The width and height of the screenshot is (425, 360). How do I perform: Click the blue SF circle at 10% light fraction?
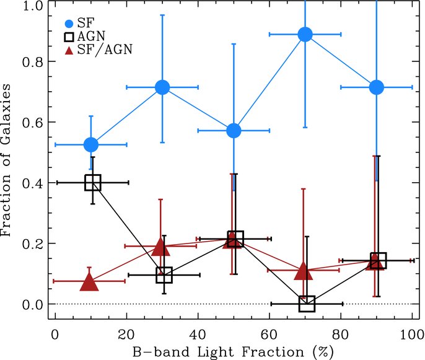tap(91, 144)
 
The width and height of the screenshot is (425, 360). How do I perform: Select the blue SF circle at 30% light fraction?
tap(162, 87)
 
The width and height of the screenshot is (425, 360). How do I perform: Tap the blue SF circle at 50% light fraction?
tap(234, 131)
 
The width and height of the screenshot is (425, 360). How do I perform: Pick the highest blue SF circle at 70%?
tap(305, 34)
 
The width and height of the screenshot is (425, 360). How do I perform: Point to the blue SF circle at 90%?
tap(377, 87)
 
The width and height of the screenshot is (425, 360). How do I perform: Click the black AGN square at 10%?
tap(93, 182)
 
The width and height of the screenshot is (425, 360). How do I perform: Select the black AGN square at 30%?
tap(164, 274)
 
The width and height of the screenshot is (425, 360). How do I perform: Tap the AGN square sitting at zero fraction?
tap(307, 304)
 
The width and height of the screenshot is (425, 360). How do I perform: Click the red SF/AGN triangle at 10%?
tap(89, 283)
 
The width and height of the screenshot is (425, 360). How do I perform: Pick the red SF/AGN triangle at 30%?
tap(160, 247)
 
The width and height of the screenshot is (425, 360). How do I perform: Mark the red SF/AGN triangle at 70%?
tap(303, 271)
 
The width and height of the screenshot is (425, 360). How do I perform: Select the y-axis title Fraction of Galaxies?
tap(9, 160)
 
